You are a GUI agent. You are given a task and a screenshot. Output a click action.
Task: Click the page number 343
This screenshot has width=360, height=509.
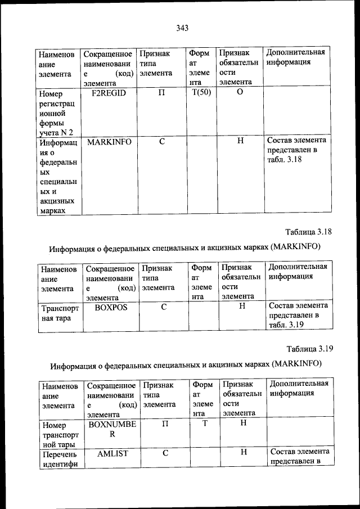coord(181,28)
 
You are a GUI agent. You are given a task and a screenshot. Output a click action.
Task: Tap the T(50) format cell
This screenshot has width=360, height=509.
coord(201,93)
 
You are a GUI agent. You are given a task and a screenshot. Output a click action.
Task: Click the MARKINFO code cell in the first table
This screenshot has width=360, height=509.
coord(109,142)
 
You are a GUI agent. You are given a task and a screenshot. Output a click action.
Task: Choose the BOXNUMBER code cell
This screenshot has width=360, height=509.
coord(111,430)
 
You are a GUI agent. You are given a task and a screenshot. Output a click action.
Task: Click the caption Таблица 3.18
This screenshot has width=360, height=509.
coord(309,232)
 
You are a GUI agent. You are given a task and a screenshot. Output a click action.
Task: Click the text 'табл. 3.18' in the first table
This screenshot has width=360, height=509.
coord(285,160)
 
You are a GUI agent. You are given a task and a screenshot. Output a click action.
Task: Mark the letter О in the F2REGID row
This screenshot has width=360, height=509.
coord(240,93)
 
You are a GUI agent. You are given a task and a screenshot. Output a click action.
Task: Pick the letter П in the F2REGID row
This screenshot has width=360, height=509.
coord(161,93)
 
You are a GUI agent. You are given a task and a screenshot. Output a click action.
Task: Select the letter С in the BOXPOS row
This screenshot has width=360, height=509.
coord(164,308)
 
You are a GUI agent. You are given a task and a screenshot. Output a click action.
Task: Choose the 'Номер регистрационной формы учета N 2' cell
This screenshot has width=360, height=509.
coord(57,113)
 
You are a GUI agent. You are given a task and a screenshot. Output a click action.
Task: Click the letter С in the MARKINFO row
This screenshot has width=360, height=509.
coord(161,142)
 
